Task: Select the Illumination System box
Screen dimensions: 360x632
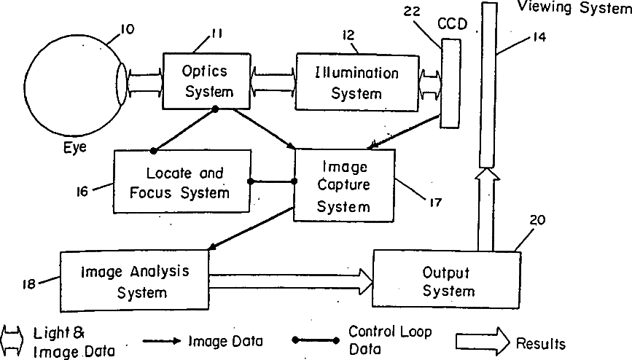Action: pos(356,82)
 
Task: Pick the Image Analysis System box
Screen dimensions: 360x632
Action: pos(135,281)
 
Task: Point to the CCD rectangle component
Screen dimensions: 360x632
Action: pos(453,84)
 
